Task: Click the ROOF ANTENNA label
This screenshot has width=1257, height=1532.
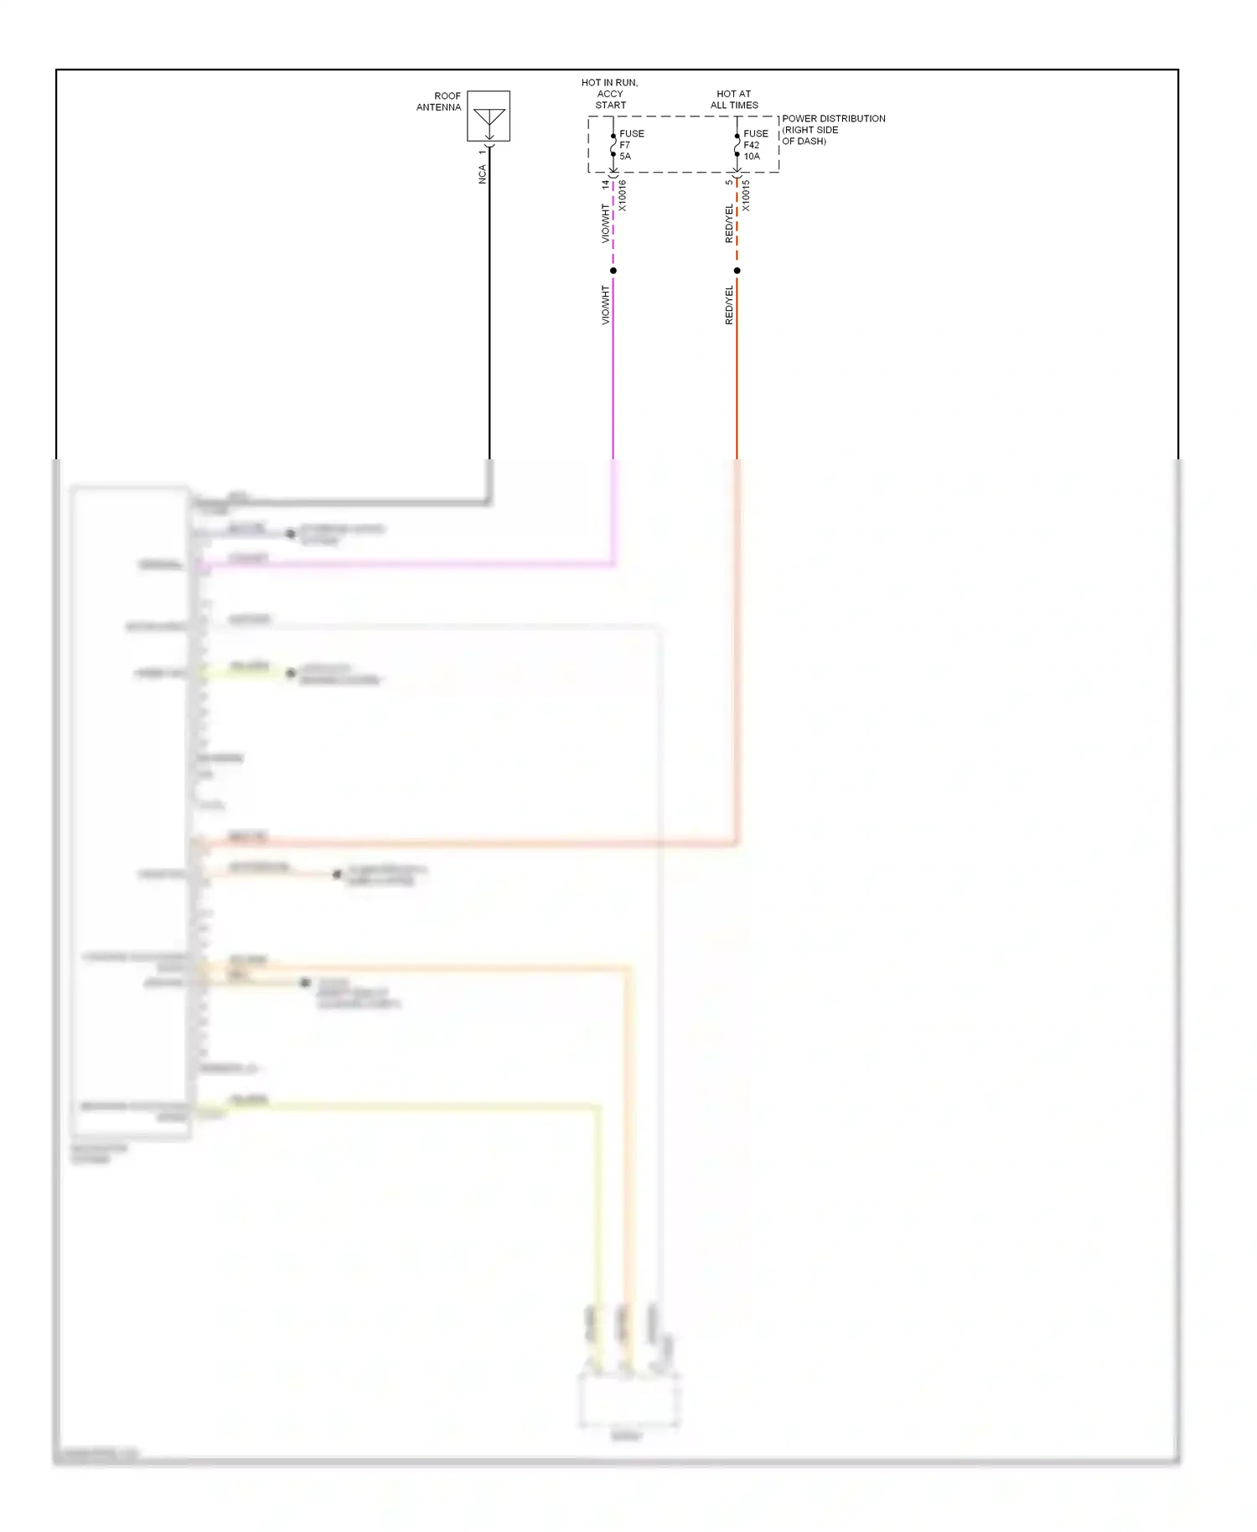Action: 439,101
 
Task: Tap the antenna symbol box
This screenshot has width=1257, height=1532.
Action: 489,116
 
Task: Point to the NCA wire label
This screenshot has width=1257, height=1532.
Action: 482,174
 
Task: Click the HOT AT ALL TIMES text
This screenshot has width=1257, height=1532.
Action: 734,100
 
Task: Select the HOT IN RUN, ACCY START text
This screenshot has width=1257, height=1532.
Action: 610,94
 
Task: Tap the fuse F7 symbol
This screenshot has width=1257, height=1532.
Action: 613,145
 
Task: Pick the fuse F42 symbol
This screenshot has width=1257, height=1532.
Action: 737,145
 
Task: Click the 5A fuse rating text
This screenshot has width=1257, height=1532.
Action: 625,157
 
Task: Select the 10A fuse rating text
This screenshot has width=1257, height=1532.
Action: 752,157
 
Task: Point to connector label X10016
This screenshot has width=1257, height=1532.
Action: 622,196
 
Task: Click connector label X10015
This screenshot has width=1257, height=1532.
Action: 746,196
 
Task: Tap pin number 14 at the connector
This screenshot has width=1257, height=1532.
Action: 605,184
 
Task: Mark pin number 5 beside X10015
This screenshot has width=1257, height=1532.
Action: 729,182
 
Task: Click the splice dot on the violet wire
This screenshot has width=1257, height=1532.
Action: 613,271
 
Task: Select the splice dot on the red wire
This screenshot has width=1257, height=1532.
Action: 737,271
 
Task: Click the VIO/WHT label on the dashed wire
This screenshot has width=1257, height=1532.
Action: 605,224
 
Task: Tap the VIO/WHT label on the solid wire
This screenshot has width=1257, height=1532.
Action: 605,305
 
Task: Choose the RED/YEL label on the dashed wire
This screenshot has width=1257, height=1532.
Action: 729,224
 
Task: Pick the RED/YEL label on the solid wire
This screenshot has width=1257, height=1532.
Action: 729,305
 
